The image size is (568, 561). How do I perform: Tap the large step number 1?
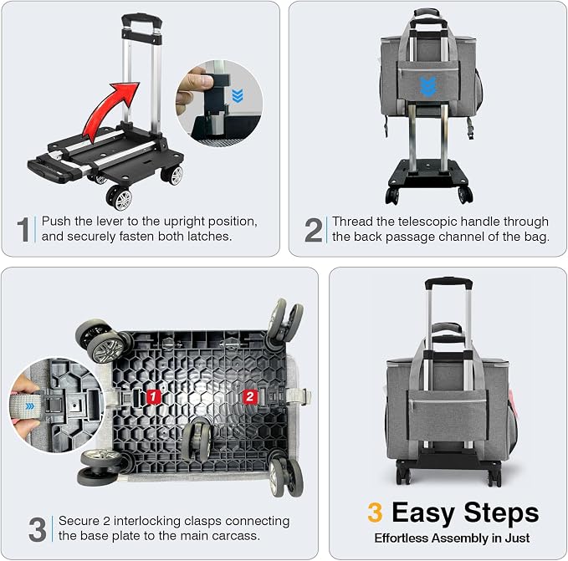[24, 229]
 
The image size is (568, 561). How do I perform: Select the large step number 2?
[314, 230]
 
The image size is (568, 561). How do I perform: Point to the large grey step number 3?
[38, 529]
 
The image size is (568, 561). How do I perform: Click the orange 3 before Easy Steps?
[375, 513]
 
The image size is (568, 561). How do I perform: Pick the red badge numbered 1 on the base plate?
[153, 396]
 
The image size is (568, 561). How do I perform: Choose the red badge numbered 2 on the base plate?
[250, 396]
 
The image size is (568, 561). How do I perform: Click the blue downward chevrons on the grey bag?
[428, 87]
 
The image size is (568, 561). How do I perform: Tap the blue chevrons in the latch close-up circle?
[238, 95]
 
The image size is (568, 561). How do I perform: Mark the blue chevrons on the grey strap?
[30, 406]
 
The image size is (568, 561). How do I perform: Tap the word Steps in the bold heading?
[501, 513]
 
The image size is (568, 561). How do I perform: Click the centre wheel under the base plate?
[197, 440]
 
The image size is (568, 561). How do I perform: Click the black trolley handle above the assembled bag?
[448, 283]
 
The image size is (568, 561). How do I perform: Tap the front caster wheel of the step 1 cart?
[120, 197]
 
